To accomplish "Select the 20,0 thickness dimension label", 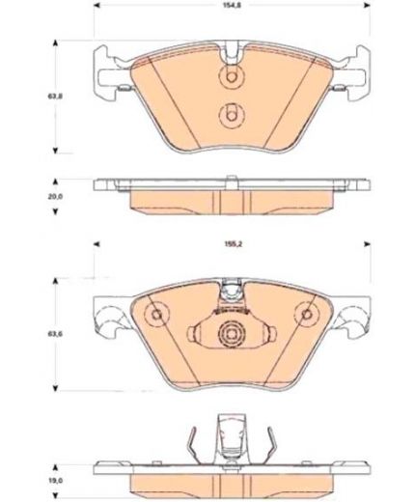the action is tap(56, 196).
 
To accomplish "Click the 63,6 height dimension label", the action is tap(56, 334).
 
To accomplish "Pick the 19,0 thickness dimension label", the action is tap(56, 481).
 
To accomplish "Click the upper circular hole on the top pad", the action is tap(231, 77).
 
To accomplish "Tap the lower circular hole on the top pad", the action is tap(231, 115).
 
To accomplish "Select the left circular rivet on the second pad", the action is tap(156, 315).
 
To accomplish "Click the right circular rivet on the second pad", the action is tap(307, 314).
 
